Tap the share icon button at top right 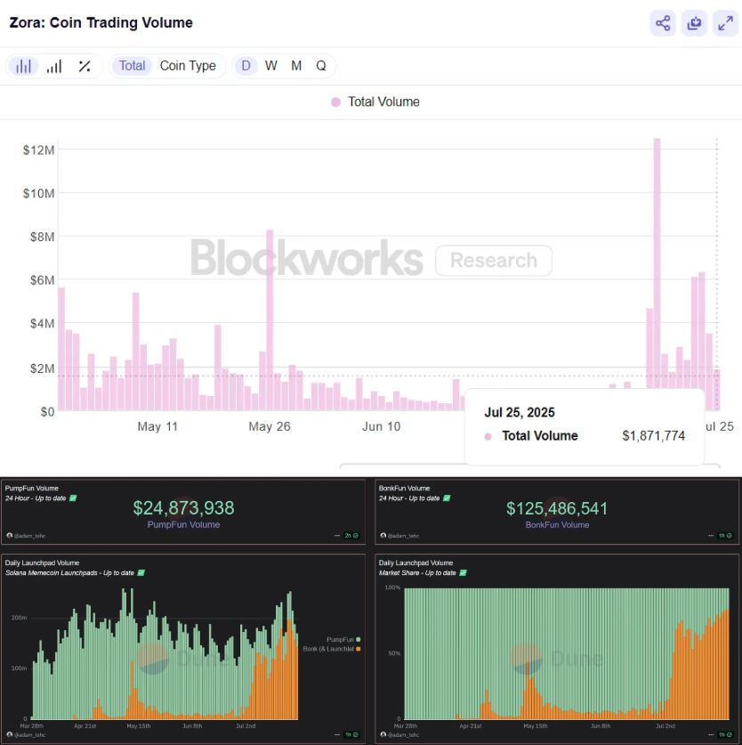click(663, 23)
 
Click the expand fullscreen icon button click(725, 23)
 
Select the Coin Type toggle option click(188, 66)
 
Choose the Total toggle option click(132, 66)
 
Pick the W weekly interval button click(271, 66)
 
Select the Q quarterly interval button click(321, 66)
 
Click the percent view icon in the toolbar click(85, 66)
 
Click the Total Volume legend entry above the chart click(375, 101)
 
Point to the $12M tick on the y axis click(39, 150)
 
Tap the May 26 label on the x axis click(269, 426)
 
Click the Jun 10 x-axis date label click(381, 426)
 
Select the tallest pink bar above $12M click(657, 267)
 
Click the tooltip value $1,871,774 click(653, 436)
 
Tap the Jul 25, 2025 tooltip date click(519, 413)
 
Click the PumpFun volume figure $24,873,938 click(183, 508)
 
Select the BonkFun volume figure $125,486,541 click(557, 508)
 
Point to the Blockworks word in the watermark click(306, 259)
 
